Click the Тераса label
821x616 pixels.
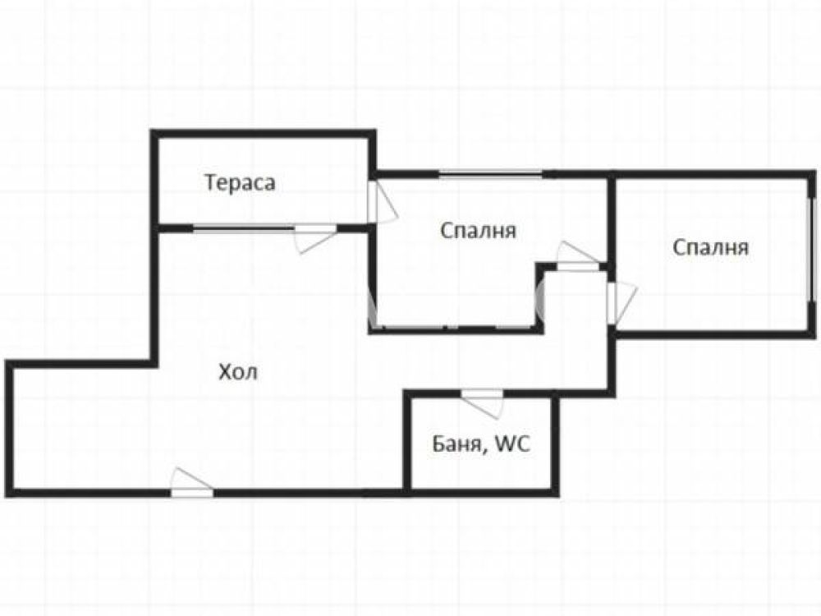[240, 183]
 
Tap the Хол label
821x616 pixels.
[238, 372]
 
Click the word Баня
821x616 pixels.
[457, 444]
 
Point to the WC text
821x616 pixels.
[512, 444]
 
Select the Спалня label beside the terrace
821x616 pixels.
[478, 231]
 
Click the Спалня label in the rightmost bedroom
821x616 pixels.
[710, 247]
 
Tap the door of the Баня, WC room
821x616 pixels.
[482, 403]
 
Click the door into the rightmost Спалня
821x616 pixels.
[621, 303]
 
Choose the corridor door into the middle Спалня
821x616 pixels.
[577, 255]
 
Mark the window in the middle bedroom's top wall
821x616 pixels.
[491, 175]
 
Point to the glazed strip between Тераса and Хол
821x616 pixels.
[244, 228]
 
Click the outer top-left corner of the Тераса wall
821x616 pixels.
[151, 130]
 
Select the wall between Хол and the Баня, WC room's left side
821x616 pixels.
[407, 444]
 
